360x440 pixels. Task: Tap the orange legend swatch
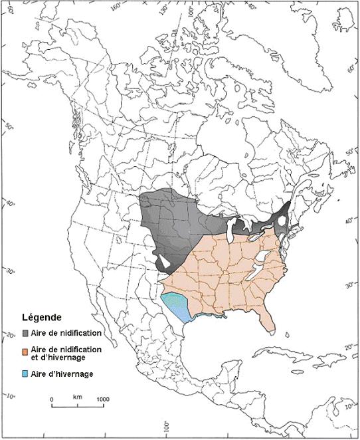pyautogui.click(x=25, y=350)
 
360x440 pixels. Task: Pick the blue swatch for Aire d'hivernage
pyautogui.click(x=25, y=374)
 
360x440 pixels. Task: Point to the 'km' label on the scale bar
pyautogui.click(x=78, y=397)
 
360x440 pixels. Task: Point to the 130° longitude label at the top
pyautogui.click(x=165, y=8)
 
